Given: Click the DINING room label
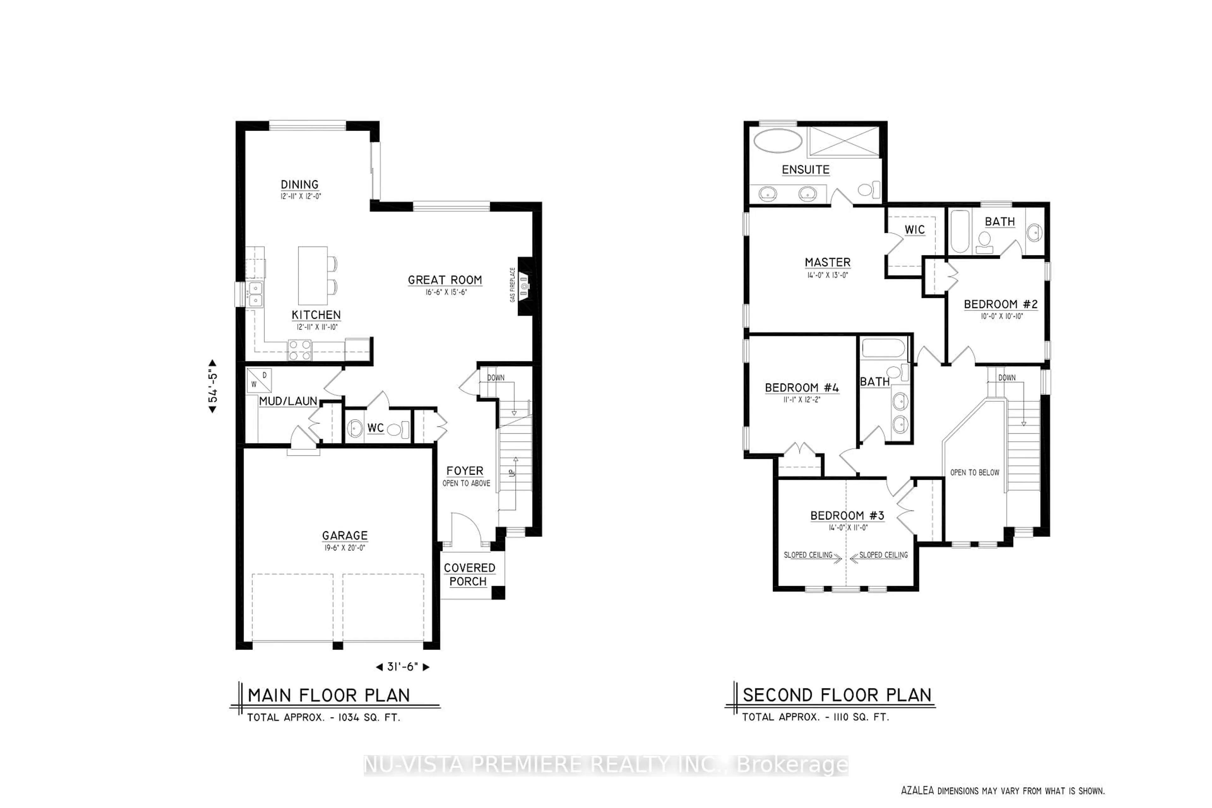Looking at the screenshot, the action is (x=300, y=184).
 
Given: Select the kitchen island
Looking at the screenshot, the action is (x=313, y=276).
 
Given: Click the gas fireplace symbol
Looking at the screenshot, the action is (x=524, y=285).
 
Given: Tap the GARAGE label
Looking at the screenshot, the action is (x=345, y=535).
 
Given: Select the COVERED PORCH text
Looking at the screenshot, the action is (x=469, y=574).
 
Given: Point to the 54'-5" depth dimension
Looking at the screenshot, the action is (x=212, y=386).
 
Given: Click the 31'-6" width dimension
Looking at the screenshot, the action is (x=402, y=667).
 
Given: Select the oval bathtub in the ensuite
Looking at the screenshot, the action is (x=778, y=141).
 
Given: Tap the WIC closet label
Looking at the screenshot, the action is (x=915, y=230).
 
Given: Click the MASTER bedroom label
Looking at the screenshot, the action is (x=828, y=262).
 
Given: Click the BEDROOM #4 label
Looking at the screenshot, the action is (x=802, y=388).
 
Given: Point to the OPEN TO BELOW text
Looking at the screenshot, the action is (x=974, y=472).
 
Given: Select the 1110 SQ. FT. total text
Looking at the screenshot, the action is (x=861, y=717).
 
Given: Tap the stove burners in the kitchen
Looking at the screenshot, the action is (x=300, y=350).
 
